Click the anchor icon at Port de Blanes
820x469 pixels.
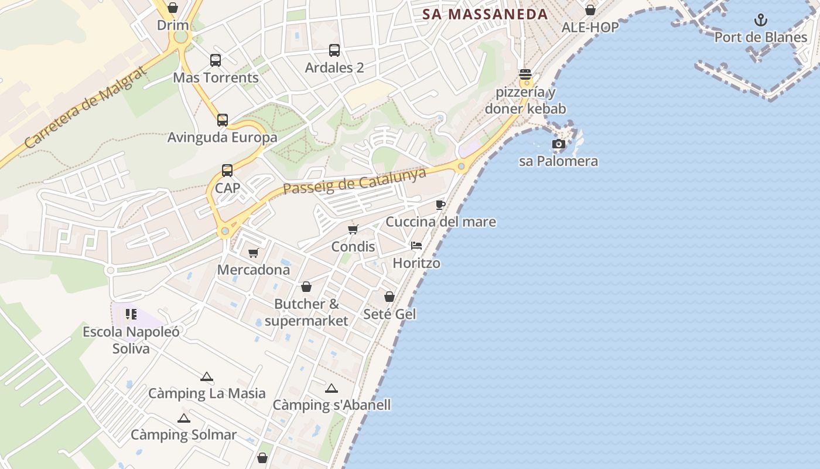pyautogui.click(x=760, y=21)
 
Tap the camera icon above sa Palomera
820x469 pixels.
pyautogui.click(x=559, y=144)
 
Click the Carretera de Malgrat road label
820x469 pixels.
pyautogui.click(x=85, y=107)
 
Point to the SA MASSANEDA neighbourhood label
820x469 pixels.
pyautogui.click(x=485, y=15)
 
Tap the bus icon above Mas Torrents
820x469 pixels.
pyautogui.click(x=216, y=60)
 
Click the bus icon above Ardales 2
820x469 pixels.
pyautogui.click(x=334, y=50)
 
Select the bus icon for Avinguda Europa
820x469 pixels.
pyautogui.click(x=223, y=120)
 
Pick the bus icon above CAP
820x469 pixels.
pyautogui.click(x=227, y=171)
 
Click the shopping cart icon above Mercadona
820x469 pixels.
pyautogui.click(x=254, y=253)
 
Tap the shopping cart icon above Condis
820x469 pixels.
pyautogui.click(x=353, y=229)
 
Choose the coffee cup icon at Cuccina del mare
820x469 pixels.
pyautogui.click(x=440, y=205)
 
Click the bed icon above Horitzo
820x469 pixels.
pyautogui.click(x=416, y=246)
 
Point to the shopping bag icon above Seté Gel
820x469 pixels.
pyautogui.click(x=389, y=297)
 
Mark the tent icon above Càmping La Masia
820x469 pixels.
pyautogui.click(x=207, y=376)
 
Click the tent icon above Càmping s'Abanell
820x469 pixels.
pyautogui.click(x=332, y=388)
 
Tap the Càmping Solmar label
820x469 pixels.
pyautogui.click(x=183, y=435)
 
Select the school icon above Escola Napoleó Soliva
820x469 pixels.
pyautogui.click(x=131, y=314)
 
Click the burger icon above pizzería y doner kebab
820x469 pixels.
pyautogui.click(x=525, y=74)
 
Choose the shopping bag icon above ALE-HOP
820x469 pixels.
pyautogui.click(x=590, y=10)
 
